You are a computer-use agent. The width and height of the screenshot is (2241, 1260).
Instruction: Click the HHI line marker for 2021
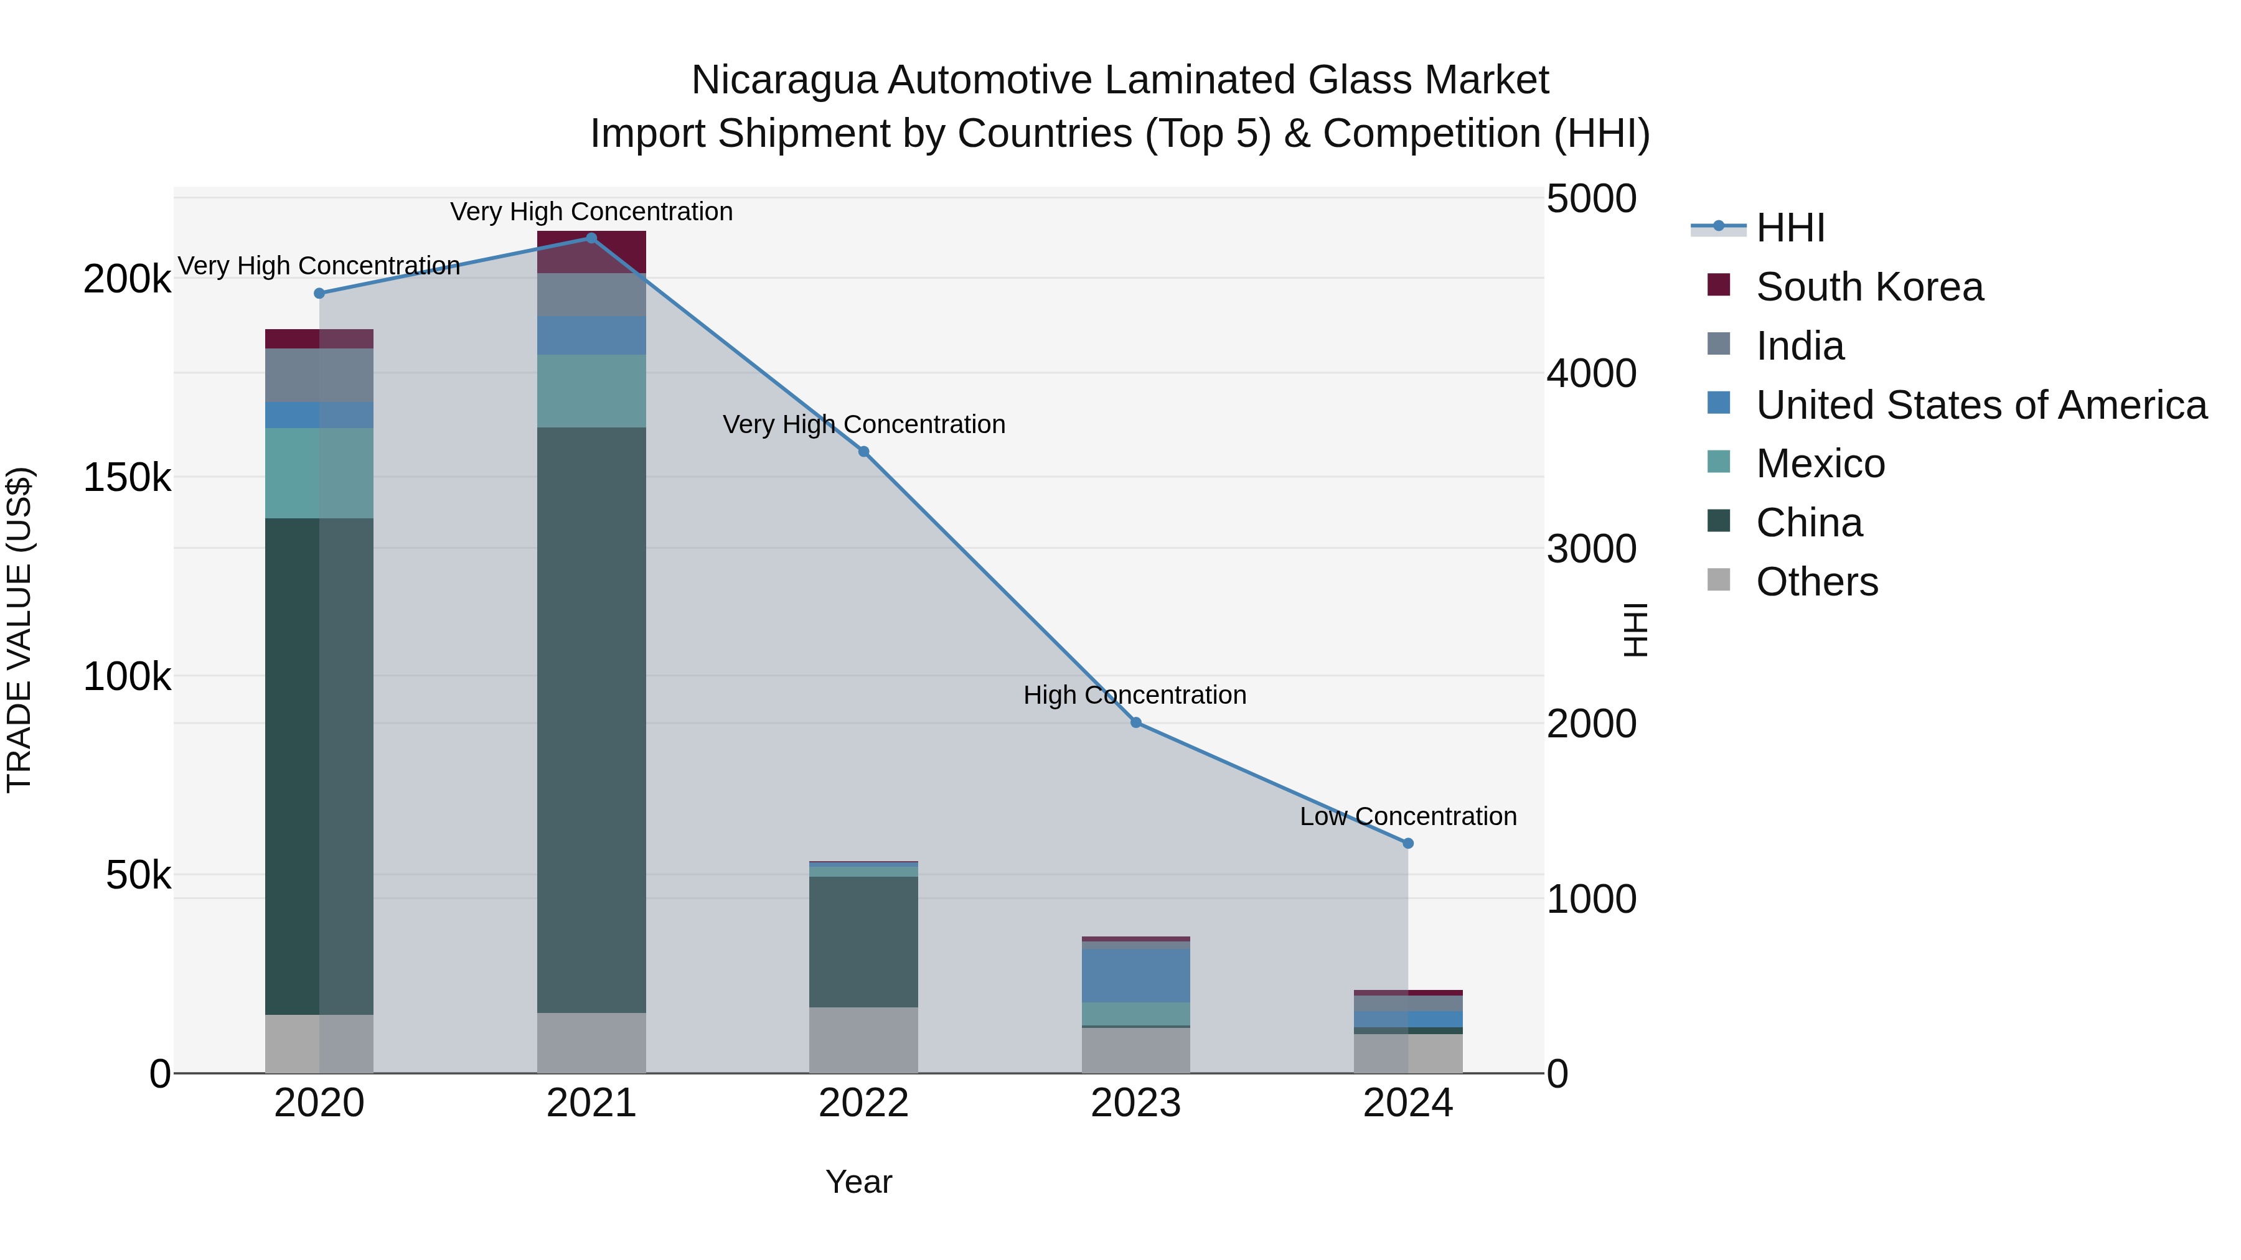click(x=591, y=238)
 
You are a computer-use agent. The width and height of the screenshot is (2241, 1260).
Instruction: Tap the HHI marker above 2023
click(x=1136, y=722)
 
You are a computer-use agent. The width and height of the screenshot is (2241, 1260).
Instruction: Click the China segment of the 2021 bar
click(x=591, y=720)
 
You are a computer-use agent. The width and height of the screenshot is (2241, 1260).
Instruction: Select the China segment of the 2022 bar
click(x=864, y=942)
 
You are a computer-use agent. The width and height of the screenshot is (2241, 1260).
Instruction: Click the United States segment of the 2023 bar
click(x=1136, y=976)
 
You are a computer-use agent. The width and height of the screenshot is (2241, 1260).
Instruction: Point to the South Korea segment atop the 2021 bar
click(x=591, y=252)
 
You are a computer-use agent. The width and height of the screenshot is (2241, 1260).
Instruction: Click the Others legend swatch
click(x=1719, y=580)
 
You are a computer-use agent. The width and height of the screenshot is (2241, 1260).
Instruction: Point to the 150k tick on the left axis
click(x=127, y=477)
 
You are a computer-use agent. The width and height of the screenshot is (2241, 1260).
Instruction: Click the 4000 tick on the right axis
click(x=1591, y=374)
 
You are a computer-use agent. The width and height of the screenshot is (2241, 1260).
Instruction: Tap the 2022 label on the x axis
click(x=864, y=1103)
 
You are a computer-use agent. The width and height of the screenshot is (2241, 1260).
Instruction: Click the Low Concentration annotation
click(x=1409, y=816)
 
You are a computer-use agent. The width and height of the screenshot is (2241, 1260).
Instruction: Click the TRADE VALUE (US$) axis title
click(x=19, y=630)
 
